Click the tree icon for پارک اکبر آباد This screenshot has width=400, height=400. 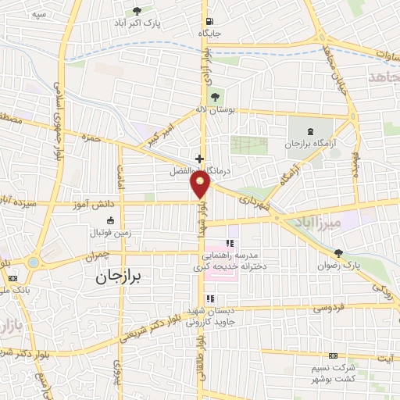[x=137, y=11]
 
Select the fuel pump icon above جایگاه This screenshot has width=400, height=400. [x=209, y=21]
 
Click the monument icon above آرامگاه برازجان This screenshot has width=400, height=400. [x=311, y=130]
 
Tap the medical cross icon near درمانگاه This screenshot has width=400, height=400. [x=199, y=157]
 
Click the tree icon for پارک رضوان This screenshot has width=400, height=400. [x=337, y=253]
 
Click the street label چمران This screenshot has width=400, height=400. [x=105, y=255]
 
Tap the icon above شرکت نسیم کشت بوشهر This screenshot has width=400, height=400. [x=334, y=355]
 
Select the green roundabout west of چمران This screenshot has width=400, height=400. [x=32, y=262]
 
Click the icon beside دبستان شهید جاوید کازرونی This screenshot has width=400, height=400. [x=210, y=298]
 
